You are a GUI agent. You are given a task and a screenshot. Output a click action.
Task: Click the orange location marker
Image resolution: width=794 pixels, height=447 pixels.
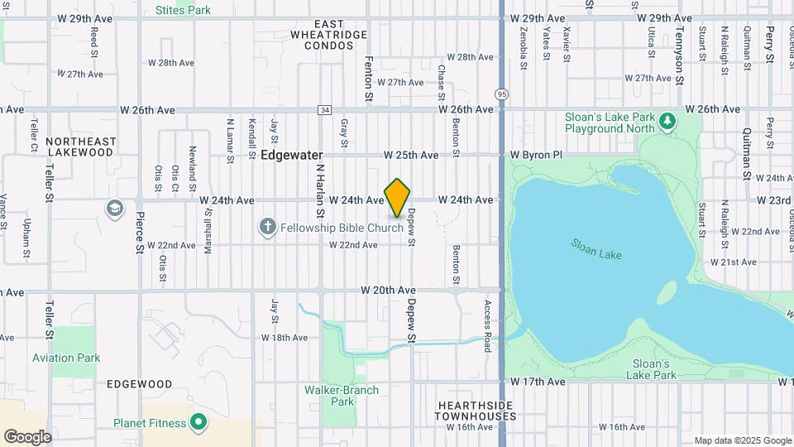click(398, 197)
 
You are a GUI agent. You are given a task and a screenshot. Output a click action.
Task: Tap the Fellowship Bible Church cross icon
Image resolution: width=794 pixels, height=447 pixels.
click(267, 226)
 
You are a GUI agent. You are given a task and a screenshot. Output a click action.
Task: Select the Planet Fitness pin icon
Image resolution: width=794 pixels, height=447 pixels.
click(198, 422)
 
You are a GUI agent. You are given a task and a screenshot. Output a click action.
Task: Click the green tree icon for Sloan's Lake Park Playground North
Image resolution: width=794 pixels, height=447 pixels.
click(667, 123)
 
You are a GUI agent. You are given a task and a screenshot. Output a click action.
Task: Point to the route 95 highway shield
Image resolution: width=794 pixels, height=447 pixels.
click(502, 94)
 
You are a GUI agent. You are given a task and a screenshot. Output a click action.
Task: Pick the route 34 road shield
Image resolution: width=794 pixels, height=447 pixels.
click(324, 110)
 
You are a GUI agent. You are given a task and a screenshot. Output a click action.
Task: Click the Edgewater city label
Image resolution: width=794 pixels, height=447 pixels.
click(292, 155)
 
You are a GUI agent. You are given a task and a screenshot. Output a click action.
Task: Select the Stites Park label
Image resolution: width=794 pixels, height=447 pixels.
click(183, 10)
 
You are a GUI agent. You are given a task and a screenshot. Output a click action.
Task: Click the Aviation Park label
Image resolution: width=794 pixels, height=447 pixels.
click(66, 358)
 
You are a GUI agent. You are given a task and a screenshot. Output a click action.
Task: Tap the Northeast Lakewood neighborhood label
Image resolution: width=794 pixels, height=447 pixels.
click(80, 147)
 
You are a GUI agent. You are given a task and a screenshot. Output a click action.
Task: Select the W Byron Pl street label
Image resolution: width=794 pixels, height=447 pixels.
click(536, 155)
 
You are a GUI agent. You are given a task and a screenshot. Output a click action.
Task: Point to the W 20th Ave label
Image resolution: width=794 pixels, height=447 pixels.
click(388, 291)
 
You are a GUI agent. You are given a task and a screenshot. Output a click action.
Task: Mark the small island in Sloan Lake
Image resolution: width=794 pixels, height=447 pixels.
click(668, 292)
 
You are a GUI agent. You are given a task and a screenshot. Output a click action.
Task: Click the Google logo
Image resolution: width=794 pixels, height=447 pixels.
click(27, 436)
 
